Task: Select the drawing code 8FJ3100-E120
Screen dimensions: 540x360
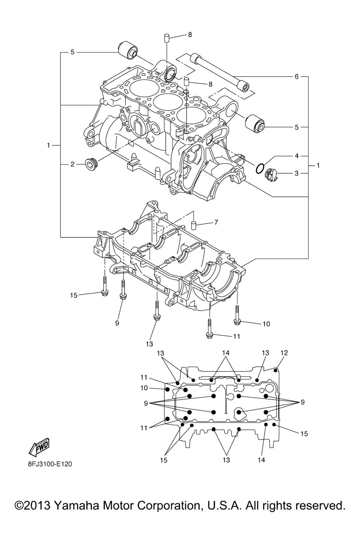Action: coord(50,464)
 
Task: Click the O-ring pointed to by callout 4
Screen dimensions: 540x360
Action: coord(259,168)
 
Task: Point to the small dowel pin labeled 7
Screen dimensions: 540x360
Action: coord(193,225)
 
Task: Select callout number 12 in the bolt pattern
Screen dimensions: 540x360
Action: coord(284,353)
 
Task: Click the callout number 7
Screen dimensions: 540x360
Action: coord(216,222)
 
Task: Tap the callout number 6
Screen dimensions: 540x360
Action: coord(296,76)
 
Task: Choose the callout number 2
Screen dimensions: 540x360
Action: coord(72,164)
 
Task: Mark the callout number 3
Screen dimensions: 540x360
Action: coord(296,173)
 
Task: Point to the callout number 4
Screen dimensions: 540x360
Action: coord(296,155)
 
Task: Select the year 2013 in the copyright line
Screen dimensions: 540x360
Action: coord(38,506)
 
